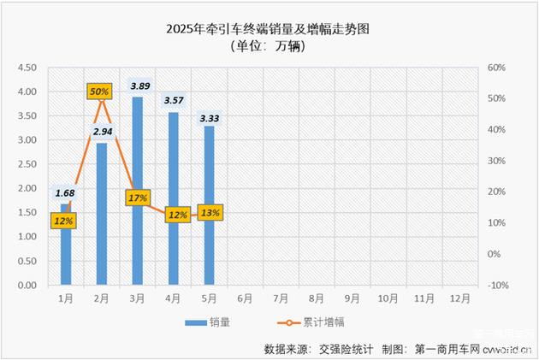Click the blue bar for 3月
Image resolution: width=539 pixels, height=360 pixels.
(x=137, y=192)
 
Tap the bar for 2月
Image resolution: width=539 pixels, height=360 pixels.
(x=102, y=214)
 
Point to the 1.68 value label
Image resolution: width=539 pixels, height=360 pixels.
(x=65, y=194)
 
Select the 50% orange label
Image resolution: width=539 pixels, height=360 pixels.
(x=99, y=91)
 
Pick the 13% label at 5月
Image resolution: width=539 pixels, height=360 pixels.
(x=210, y=212)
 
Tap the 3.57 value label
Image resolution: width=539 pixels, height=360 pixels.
(x=175, y=101)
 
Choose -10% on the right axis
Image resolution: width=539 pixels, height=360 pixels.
(x=497, y=285)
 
